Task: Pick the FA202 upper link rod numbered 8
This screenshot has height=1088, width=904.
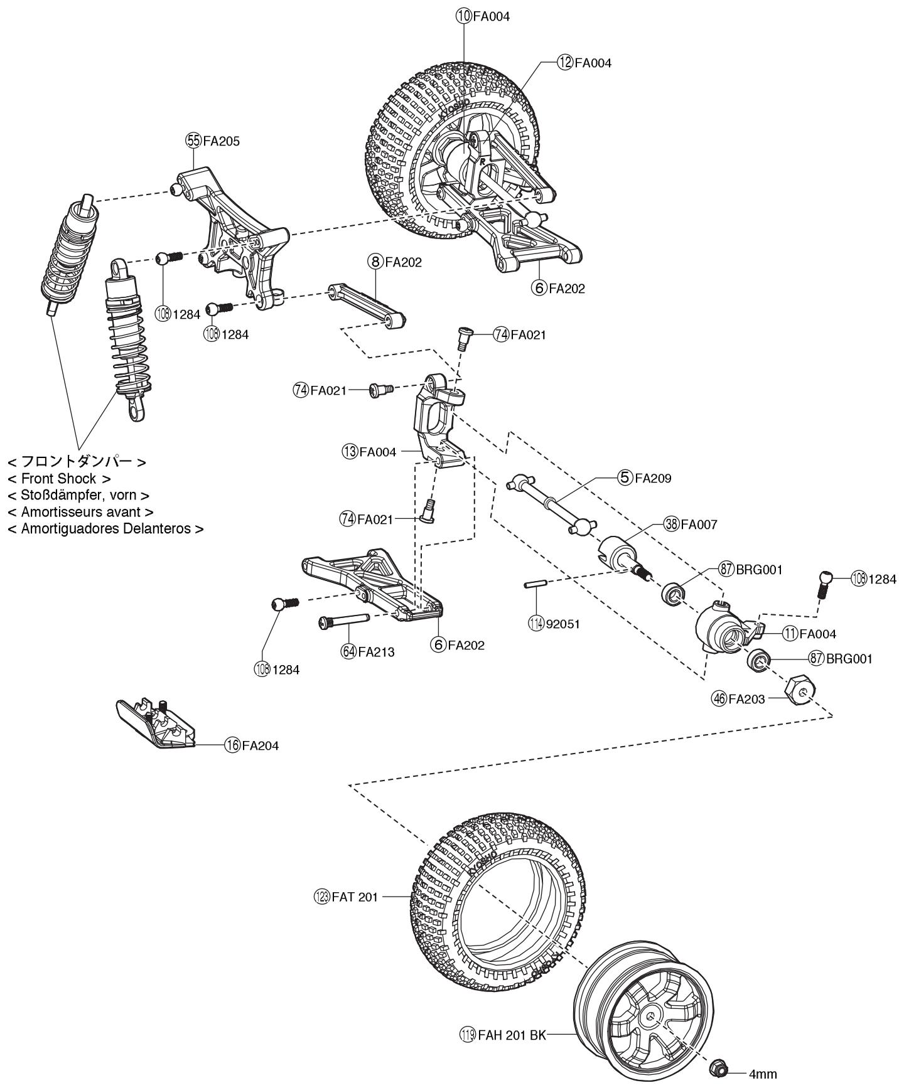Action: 368,306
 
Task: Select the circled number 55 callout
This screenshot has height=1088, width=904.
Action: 193,141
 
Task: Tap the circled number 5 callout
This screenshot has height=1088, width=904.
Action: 625,478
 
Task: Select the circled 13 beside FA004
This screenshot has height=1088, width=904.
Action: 350,451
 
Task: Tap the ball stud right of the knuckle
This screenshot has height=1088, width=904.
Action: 825,584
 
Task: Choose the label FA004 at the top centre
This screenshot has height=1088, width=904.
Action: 491,17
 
